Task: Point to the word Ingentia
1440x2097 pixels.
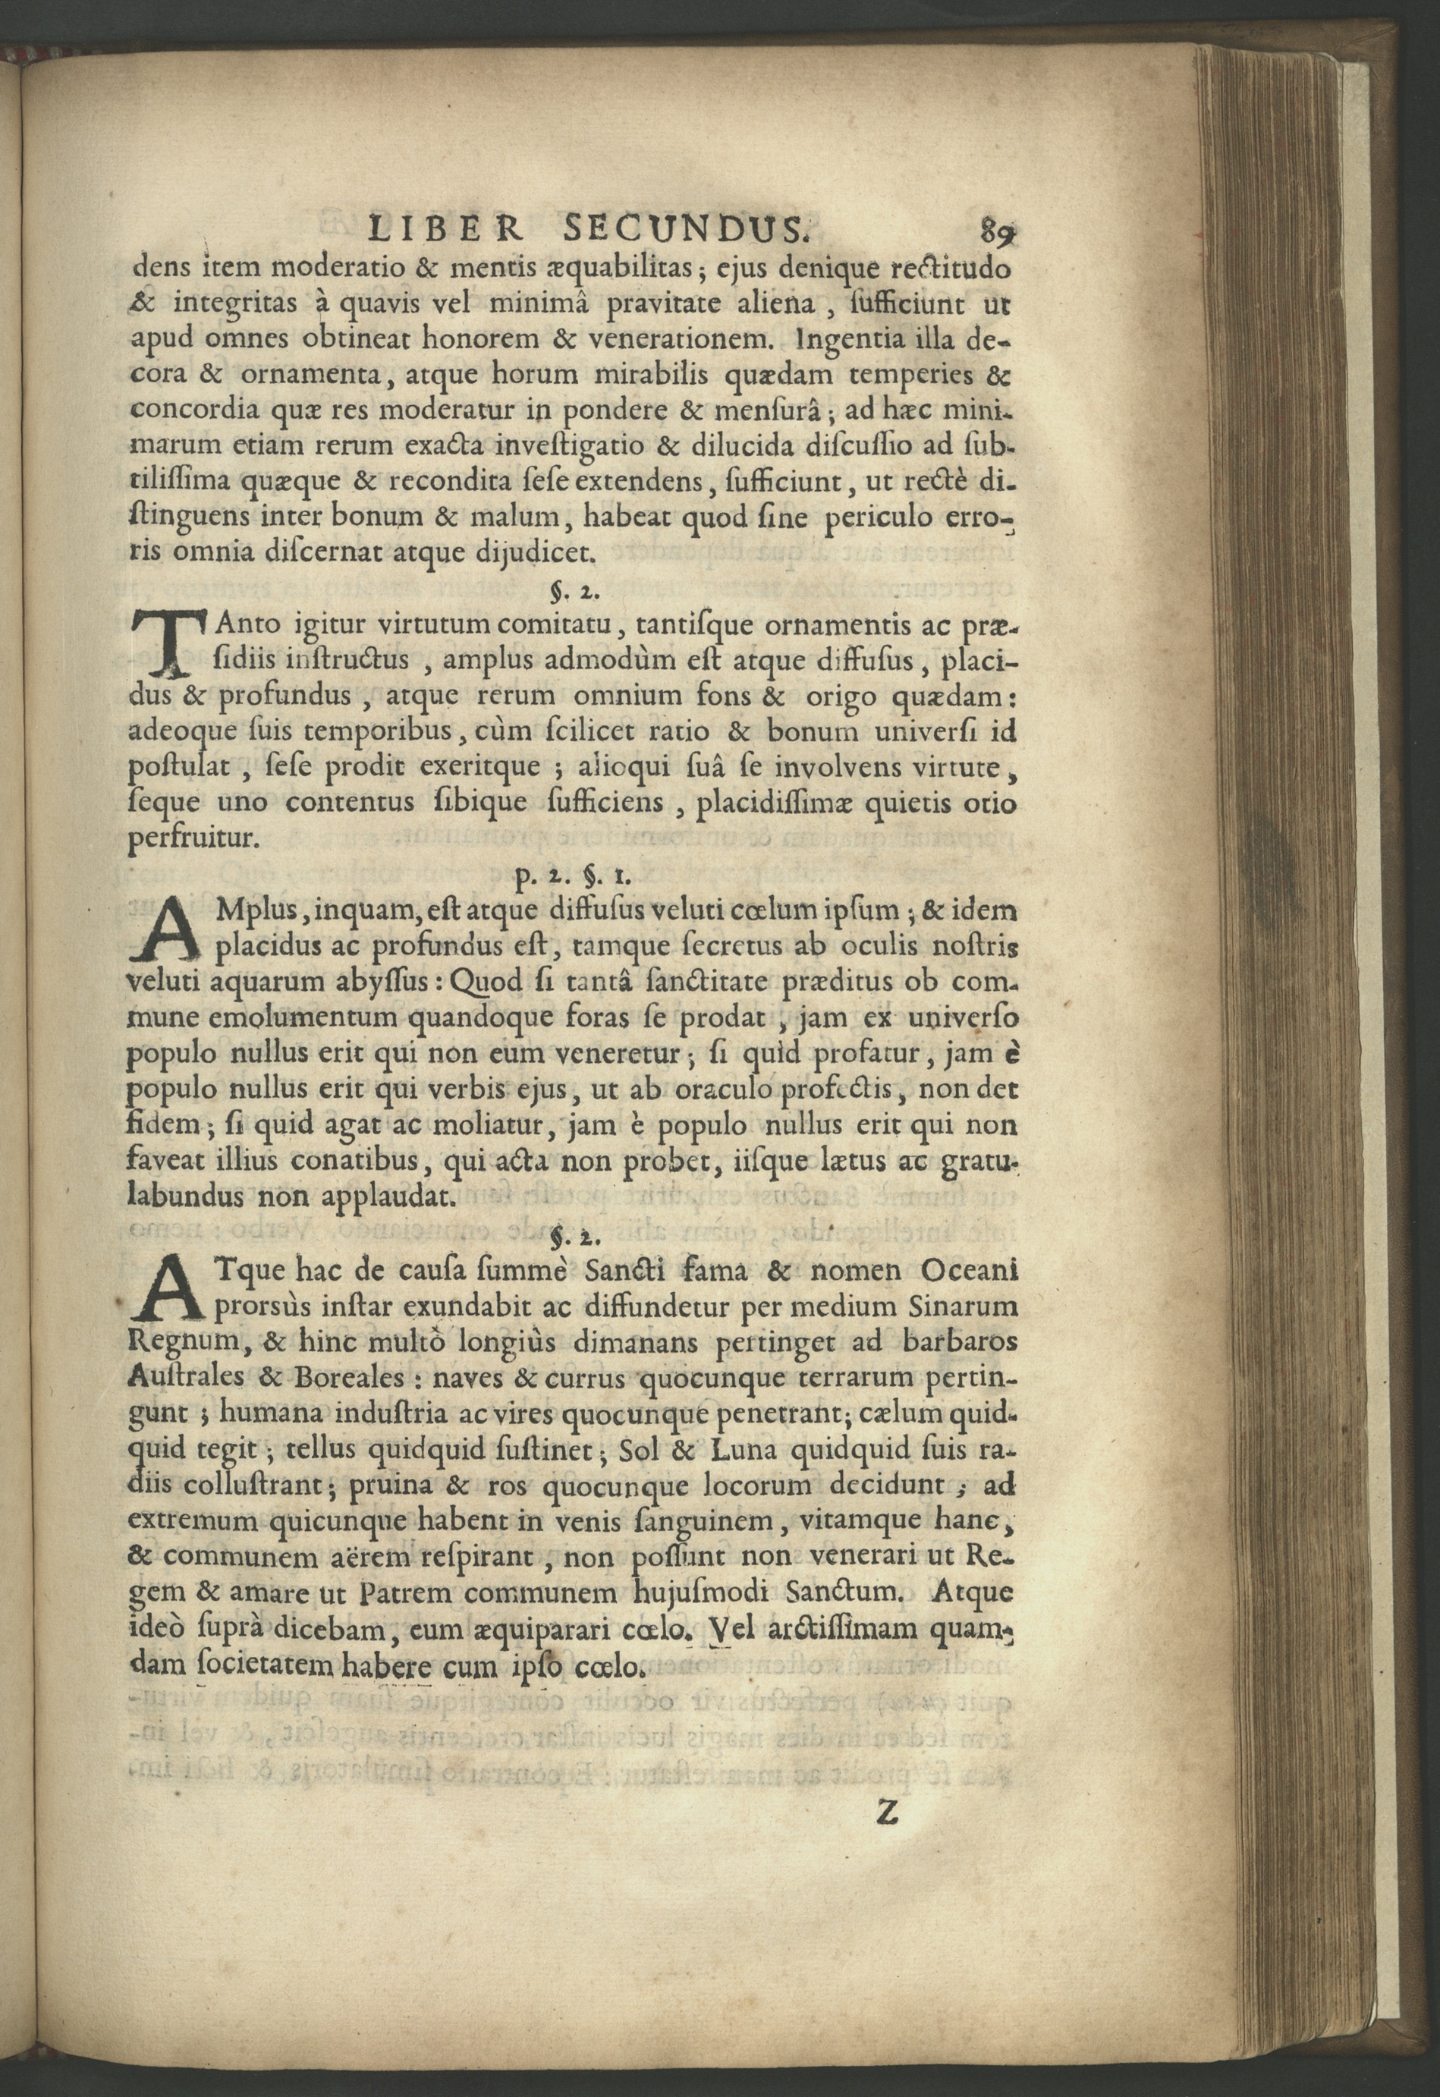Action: (x=868, y=340)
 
